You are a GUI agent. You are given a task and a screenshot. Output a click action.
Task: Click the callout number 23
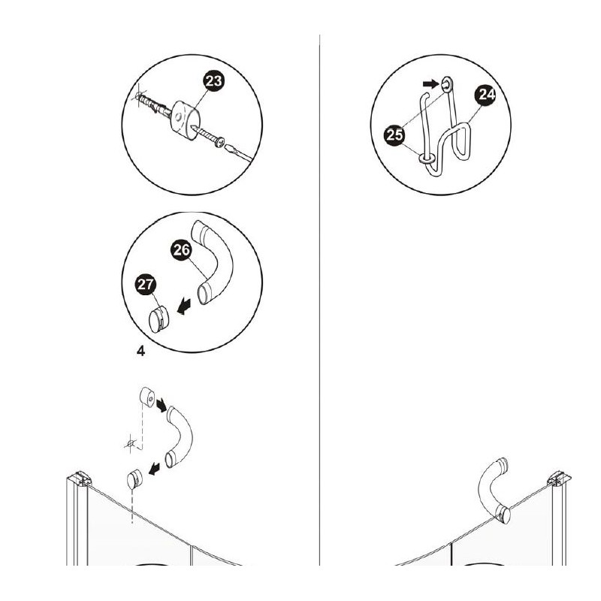click(213, 81)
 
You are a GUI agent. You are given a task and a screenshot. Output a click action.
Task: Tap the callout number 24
click(486, 95)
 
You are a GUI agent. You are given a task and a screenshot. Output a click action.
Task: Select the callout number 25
click(395, 135)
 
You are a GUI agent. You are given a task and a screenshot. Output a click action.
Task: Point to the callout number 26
click(181, 250)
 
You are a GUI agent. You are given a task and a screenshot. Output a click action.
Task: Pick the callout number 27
click(146, 285)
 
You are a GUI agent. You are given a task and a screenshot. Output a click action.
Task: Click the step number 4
click(140, 351)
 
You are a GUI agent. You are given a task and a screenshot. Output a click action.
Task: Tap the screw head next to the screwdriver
click(219, 143)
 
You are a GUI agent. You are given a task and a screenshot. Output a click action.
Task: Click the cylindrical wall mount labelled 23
click(185, 120)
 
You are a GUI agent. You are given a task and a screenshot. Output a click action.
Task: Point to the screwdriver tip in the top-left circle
click(227, 147)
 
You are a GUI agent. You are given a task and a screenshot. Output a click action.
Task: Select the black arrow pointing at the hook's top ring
click(430, 84)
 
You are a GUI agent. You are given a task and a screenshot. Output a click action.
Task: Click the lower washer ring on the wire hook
click(427, 158)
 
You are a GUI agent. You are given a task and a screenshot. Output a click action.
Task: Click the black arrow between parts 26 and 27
click(183, 307)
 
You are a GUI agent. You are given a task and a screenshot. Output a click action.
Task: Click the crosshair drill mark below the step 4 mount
click(131, 444)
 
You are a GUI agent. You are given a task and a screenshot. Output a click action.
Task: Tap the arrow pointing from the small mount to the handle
click(162, 405)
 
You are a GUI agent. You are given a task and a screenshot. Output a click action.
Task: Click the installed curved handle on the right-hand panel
click(494, 489)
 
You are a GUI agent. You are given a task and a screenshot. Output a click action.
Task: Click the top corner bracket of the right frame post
click(559, 479)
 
